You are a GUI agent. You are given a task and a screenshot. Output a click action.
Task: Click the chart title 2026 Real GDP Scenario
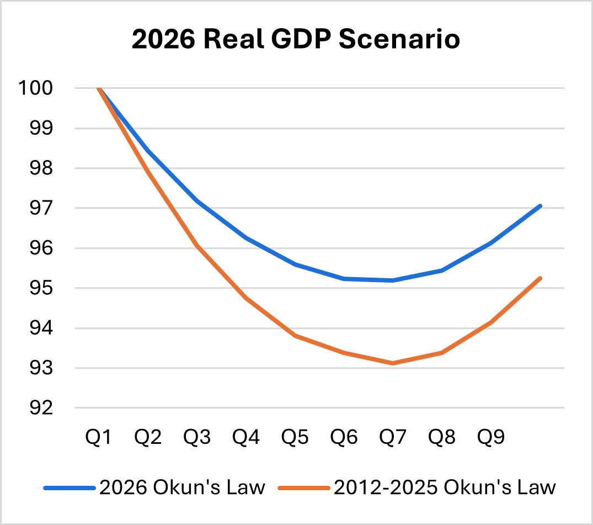[296, 40]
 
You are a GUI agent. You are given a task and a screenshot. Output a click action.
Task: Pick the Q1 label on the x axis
[99, 438]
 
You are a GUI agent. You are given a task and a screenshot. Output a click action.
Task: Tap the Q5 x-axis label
[296, 438]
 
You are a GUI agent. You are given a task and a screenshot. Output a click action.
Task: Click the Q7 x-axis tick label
[393, 438]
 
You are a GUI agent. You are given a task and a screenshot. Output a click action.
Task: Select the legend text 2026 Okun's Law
[183, 487]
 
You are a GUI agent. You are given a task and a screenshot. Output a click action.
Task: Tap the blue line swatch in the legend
[69, 488]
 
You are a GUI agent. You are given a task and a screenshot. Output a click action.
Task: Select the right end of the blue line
[541, 206]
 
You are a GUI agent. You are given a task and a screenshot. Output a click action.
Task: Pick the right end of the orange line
[541, 278]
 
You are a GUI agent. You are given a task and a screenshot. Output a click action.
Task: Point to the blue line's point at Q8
[442, 270]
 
